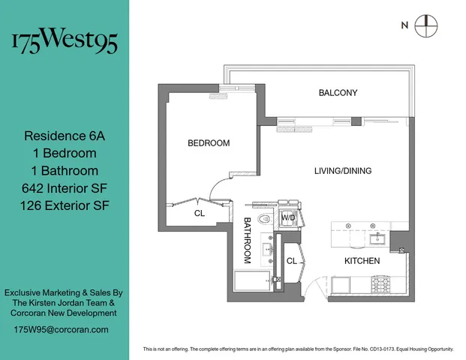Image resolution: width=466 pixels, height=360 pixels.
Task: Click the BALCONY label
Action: pos(338,93)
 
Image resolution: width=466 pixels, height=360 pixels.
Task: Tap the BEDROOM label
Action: pos(209,142)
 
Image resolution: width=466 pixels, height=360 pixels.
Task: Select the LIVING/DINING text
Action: pos(342,171)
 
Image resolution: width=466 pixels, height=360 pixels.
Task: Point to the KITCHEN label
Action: pos(362,261)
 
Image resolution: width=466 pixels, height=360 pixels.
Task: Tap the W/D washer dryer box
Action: pos(288,217)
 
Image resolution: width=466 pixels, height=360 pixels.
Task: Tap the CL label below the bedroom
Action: pos(200,213)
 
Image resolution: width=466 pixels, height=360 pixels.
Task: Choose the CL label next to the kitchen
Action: pos(292,261)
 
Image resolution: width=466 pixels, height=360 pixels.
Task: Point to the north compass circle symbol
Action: pos(425,25)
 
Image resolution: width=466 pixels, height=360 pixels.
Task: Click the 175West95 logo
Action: pos(65,42)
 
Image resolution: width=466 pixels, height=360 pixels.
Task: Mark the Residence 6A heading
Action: pos(65,136)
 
